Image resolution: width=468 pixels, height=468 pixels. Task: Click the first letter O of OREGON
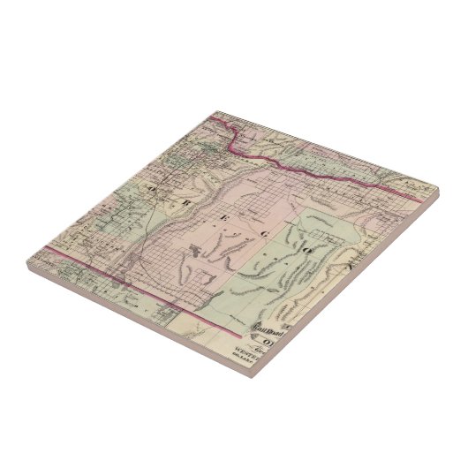click(x=154, y=189)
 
